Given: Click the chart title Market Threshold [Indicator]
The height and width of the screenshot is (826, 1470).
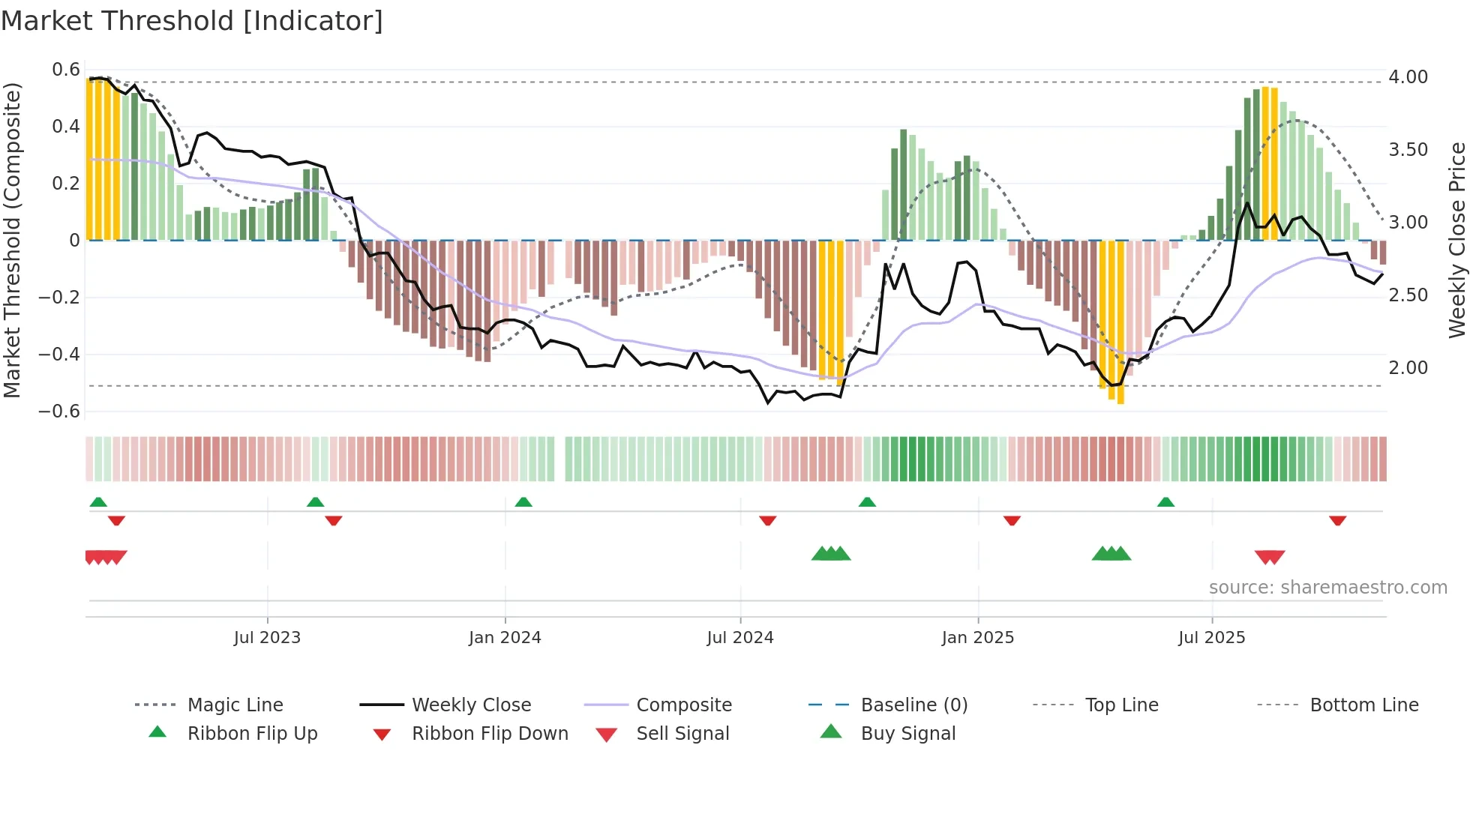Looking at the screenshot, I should coord(192,21).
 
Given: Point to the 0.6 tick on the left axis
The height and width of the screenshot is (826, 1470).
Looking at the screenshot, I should coord(66,70).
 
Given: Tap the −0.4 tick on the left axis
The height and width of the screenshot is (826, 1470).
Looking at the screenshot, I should coord(59,354).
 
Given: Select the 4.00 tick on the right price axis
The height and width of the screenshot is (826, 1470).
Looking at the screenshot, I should coord(1408,77).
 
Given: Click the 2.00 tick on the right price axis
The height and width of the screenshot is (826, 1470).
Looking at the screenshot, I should coord(1408,368).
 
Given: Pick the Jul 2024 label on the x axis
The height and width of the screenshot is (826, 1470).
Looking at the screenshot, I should coord(739,638).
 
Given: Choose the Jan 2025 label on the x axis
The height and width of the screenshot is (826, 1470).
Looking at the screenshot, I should coord(977,638).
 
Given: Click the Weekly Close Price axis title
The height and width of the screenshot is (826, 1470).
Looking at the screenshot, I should coord(1456,240).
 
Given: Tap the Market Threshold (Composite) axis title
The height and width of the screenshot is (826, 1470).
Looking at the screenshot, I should coord(12,240).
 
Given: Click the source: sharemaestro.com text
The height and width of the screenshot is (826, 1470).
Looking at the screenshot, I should coord(1327,588).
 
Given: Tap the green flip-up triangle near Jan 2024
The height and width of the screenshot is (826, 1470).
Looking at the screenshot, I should coord(523,502).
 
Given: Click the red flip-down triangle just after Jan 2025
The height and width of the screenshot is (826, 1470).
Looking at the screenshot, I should coord(1012,520).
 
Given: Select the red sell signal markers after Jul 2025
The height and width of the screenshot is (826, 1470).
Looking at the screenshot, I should coord(1270,557).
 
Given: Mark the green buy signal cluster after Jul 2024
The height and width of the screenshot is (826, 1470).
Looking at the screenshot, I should coord(831,554).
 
